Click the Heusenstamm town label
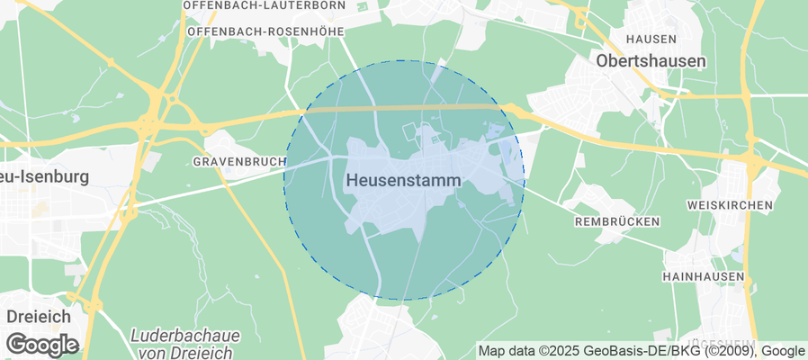[x=402, y=181]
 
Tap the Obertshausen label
[x=651, y=61]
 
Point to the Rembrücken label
[x=616, y=221]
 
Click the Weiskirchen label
[x=729, y=206]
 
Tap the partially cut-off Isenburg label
[x=45, y=176]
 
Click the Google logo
[x=42, y=345]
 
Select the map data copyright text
[x=641, y=351]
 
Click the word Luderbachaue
[x=185, y=336]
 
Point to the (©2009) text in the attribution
[x=728, y=351]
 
